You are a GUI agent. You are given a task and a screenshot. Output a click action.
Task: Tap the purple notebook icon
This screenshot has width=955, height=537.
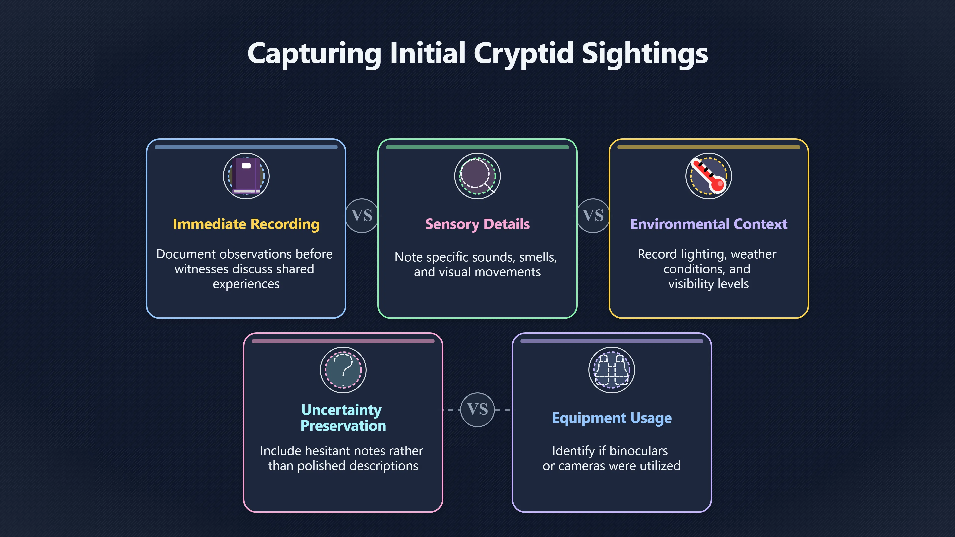(246, 176)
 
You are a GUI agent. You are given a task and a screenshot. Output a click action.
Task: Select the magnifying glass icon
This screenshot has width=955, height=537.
(477, 176)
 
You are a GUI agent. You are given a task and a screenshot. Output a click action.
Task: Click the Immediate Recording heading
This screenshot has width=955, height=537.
(246, 224)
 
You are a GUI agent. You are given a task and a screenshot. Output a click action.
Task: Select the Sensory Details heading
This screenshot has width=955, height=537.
(477, 224)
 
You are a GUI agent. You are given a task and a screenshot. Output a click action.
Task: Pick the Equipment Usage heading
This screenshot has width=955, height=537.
(612, 418)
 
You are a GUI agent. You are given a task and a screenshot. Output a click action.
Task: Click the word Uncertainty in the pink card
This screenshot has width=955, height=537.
(341, 410)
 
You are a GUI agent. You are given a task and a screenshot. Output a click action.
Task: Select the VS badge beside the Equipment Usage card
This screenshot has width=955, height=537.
(477, 409)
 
